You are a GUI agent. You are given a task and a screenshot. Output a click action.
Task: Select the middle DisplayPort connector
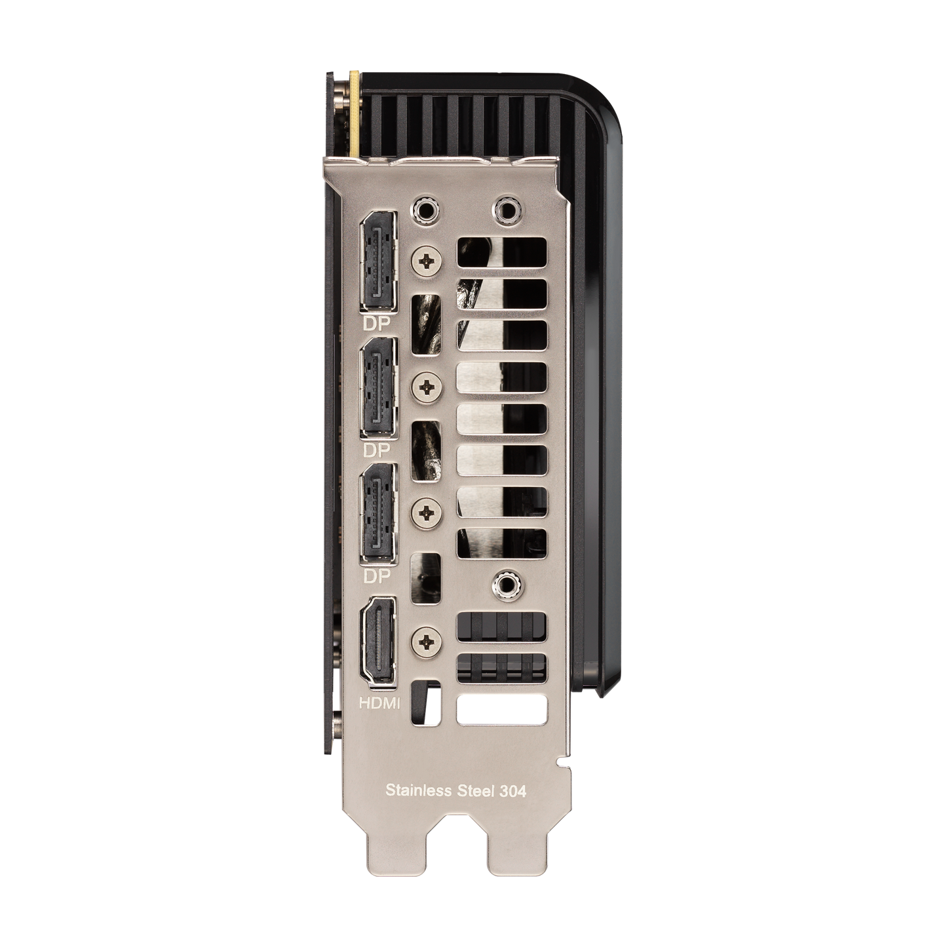[378, 388]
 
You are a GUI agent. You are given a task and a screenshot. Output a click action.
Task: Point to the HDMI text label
[379, 703]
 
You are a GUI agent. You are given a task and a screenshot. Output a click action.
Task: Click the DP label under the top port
[376, 323]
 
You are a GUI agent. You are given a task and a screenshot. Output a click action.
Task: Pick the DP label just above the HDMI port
[376, 575]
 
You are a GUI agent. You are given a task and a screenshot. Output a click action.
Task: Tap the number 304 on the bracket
[513, 790]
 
